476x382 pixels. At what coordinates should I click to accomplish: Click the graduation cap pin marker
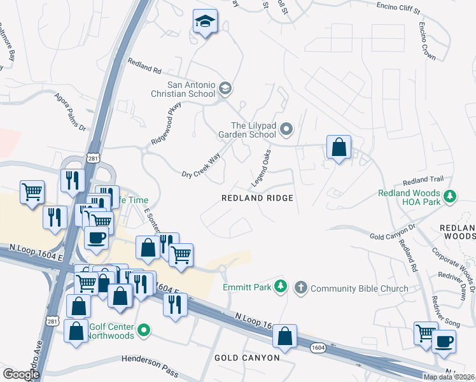pyautogui.click(x=206, y=22)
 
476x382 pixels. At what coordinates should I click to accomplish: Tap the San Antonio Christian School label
pyautogui.click(x=191, y=89)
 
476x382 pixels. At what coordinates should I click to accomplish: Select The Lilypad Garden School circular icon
pyautogui.click(x=286, y=131)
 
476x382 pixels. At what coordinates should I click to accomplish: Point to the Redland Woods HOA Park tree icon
pyautogui.click(x=451, y=195)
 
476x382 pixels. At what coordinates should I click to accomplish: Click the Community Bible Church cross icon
pyautogui.click(x=302, y=288)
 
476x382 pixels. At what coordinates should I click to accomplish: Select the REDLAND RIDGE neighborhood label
pyautogui.click(x=257, y=198)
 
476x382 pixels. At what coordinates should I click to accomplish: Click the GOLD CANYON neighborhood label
pyautogui.click(x=247, y=358)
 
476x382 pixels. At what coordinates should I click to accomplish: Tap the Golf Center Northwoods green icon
pyautogui.click(x=144, y=330)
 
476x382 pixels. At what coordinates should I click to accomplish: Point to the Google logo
pyautogui.click(x=21, y=374)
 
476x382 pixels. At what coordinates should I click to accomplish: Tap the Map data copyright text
pyautogui.click(x=449, y=377)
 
